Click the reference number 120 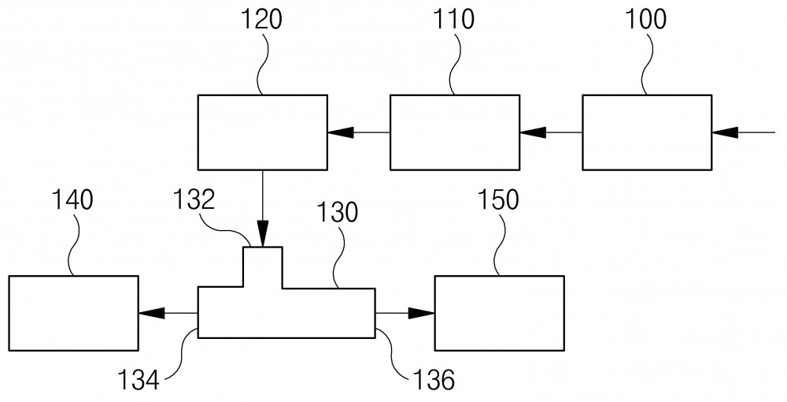[261, 20]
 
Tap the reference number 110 [454, 20]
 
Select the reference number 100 [645, 20]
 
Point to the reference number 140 [72, 200]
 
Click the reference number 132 [194, 200]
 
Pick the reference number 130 [337, 212]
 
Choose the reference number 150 [497, 200]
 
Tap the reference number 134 [138, 380]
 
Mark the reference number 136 [434, 380]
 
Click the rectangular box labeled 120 [263, 132]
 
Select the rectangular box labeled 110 [455, 132]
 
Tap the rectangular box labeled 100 [647, 132]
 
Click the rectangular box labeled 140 [74, 313]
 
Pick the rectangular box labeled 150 [500, 313]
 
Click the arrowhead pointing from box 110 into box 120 [341, 132]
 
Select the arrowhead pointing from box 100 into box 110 [533, 132]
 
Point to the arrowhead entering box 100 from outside [725, 132]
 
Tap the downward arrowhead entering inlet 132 [263, 234]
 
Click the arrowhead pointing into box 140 [152, 313]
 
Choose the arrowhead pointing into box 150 [421, 313]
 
